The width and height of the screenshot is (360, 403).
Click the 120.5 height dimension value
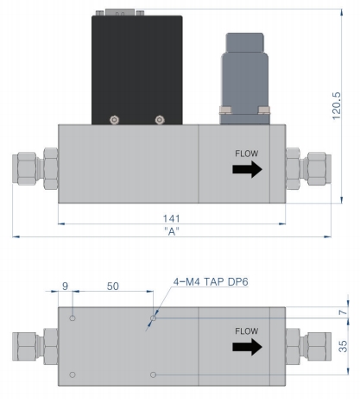tap(336, 105)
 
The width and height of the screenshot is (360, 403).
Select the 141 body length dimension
tap(172, 218)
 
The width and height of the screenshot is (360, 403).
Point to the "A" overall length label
tap(172, 231)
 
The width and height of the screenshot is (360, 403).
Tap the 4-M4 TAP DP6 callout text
tap(211, 282)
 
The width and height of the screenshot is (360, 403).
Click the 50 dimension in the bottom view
tap(113, 287)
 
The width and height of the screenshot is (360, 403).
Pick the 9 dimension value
tap(66, 286)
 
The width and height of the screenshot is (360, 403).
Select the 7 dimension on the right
tap(343, 312)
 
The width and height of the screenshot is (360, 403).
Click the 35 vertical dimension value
tap(343, 346)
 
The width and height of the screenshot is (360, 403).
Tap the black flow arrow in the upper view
tap(247, 169)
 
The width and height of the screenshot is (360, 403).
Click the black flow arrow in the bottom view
tap(247, 347)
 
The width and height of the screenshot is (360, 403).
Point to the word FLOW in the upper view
tap(247, 154)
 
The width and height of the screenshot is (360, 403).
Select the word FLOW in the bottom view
tap(247, 331)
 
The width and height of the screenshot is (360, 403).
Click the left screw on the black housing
tap(115, 120)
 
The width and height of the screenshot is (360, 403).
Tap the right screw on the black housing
tap(160, 120)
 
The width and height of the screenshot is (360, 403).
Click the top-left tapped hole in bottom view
tap(73, 318)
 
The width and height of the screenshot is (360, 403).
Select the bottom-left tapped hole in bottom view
tap(73, 375)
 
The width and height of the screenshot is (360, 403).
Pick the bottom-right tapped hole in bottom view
tap(154, 375)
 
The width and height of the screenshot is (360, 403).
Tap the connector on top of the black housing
tap(120, 12)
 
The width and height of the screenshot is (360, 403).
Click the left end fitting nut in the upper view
tap(51, 168)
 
